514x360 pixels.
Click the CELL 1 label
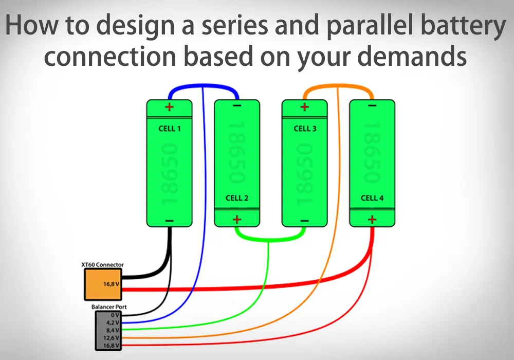pos(169,129)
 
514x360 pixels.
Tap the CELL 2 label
pos(237,198)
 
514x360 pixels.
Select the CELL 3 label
pos(305,129)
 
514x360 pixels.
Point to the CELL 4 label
pos(372,198)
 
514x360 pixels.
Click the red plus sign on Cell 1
pos(169,107)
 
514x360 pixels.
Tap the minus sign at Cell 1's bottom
pos(169,221)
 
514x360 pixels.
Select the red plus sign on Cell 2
pos(237,220)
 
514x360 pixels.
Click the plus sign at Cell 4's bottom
pos(372,220)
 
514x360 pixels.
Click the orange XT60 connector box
pos(103,284)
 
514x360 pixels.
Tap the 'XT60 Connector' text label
pos(102,265)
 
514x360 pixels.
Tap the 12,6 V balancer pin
pos(112,338)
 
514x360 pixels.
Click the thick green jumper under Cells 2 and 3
pos(270,239)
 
